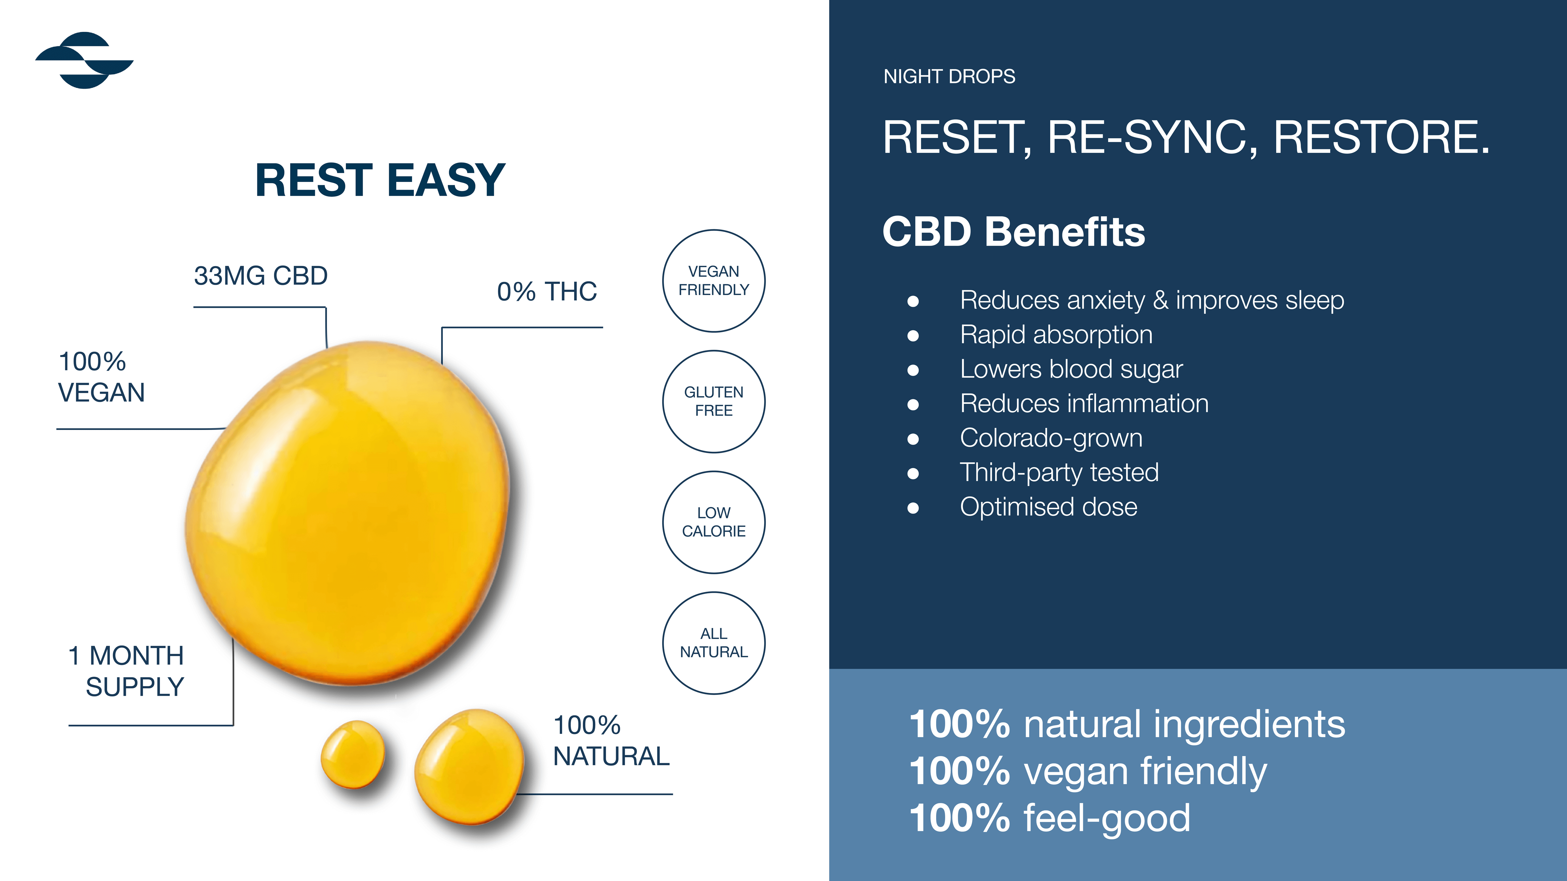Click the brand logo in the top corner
(85, 60)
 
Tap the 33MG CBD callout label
(260, 276)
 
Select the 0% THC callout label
(546, 292)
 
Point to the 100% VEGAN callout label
(101, 377)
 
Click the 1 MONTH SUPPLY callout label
(127, 671)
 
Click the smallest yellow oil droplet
(353, 754)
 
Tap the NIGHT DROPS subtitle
(949, 77)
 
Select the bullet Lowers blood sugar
(1071, 369)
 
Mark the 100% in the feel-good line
(959, 818)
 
